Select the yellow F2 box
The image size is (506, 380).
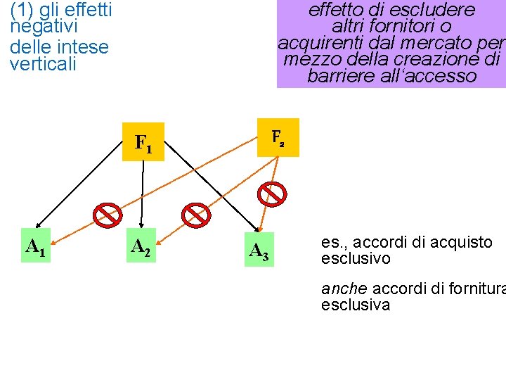pos(278,137)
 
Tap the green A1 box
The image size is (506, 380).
pos(36,246)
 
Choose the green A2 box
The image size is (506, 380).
pos(141,246)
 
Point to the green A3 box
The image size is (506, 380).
pos(259,250)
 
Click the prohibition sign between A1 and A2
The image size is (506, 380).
pos(108,215)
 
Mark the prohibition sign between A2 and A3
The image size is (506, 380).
pos(196,215)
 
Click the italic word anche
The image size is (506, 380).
pos(344,289)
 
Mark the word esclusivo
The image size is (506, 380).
pos(356,259)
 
